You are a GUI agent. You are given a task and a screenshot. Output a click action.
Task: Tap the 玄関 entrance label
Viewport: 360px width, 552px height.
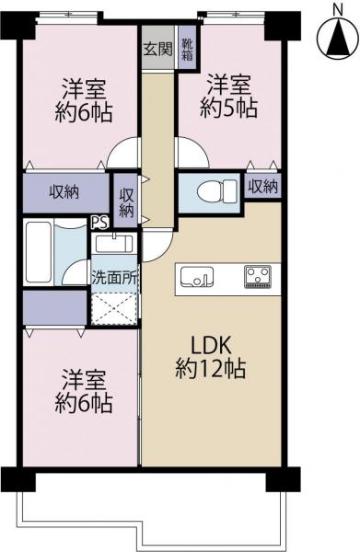[155, 50]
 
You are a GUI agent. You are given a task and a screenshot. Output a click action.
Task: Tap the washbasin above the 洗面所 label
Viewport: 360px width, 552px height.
[114, 245]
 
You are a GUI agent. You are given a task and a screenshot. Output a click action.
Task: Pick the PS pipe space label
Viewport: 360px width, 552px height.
[99, 221]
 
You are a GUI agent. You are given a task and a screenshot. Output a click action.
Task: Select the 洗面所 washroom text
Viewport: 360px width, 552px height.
[114, 275]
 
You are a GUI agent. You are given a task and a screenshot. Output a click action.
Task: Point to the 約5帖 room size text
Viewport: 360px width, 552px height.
[229, 107]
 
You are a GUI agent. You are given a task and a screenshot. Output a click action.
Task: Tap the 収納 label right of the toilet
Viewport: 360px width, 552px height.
[262, 187]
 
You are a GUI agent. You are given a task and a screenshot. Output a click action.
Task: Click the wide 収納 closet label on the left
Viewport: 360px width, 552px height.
[64, 192]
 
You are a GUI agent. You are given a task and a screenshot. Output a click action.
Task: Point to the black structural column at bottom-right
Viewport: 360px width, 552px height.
[275, 480]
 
